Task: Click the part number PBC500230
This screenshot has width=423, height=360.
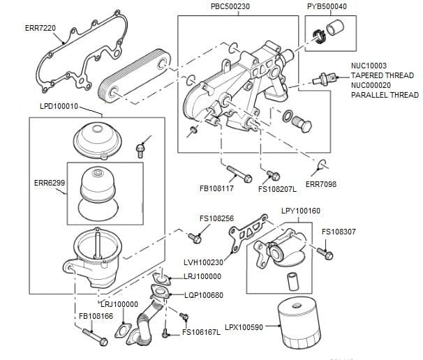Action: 230,6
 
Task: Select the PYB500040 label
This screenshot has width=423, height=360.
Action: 327,6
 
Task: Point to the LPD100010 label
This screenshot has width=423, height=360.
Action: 61,106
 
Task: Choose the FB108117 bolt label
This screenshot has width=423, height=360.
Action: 216,188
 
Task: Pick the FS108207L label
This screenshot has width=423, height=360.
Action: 277,188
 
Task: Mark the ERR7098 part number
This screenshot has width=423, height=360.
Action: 321,183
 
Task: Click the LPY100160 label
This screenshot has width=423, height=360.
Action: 301,211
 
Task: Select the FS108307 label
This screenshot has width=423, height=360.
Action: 339,232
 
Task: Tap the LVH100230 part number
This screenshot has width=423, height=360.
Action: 203,262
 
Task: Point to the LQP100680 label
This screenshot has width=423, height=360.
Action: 205,294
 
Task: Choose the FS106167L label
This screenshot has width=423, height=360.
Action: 201,332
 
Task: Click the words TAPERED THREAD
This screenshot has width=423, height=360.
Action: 382,75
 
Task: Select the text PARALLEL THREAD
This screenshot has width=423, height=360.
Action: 385,95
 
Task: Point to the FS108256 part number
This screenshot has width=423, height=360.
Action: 216,218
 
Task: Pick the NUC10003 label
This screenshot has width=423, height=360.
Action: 368,66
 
